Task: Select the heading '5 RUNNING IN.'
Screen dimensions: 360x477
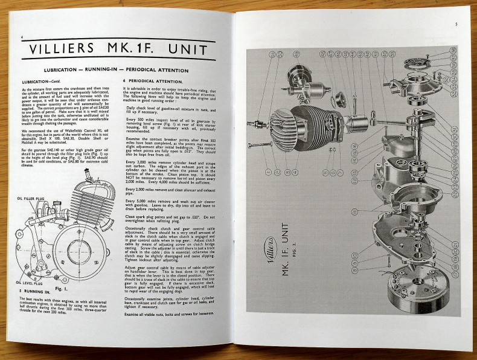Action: (x=38, y=291)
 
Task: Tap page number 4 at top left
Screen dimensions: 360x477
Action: (x=22, y=37)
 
